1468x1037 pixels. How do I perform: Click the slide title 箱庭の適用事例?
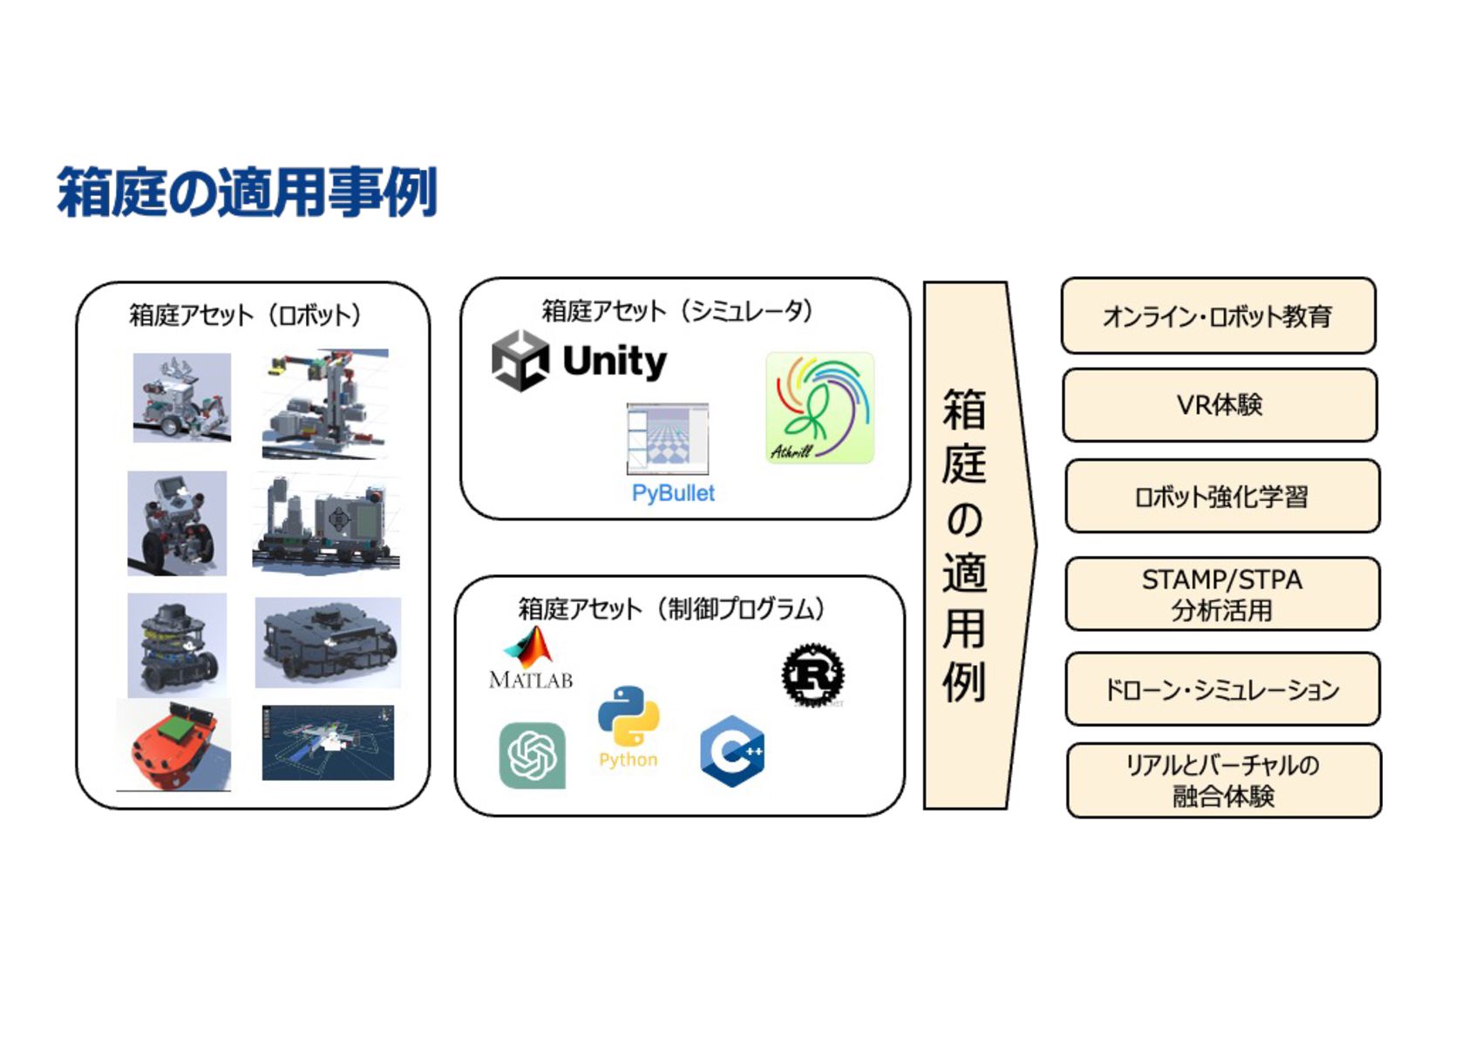(x=247, y=193)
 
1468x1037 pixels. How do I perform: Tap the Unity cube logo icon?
(x=520, y=360)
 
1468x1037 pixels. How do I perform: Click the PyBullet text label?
(x=673, y=493)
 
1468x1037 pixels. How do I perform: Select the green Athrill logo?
(x=819, y=408)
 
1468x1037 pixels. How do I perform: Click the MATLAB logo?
(x=531, y=659)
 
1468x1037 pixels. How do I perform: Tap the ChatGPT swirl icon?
(x=532, y=756)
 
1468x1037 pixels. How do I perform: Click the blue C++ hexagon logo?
(x=732, y=751)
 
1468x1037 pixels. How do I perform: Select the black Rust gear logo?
(x=812, y=674)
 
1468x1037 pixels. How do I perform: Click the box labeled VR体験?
(x=1220, y=405)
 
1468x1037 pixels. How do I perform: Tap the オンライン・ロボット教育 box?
(x=1218, y=315)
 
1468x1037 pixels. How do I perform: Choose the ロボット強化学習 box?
(x=1221, y=497)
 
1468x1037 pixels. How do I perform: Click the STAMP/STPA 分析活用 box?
(x=1222, y=594)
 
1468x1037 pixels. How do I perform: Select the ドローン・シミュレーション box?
(x=1222, y=689)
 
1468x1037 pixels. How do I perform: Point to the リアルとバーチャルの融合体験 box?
(x=1223, y=780)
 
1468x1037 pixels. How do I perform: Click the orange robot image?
(x=173, y=745)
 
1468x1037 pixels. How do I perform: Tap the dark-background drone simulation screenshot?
(x=328, y=742)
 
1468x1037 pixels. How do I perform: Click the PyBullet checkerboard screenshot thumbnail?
(x=668, y=439)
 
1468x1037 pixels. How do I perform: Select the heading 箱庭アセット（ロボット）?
(x=245, y=315)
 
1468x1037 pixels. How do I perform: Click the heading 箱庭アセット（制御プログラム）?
(x=671, y=608)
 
